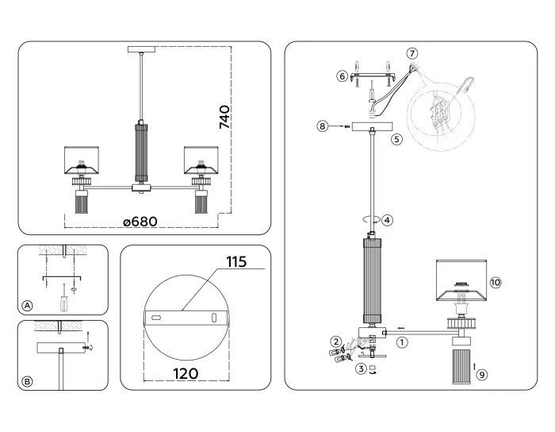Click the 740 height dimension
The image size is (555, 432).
click(224, 117)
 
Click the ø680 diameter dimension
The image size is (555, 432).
click(145, 222)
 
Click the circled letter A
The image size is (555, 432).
click(28, 306)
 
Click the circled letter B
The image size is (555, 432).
click(28, 381)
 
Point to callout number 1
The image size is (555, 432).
click(402, 343)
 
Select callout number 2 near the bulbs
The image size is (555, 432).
click(336, 341)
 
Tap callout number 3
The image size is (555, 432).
click(360, 368)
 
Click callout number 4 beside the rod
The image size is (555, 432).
click(386, 220)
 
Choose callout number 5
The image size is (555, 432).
click(397, 137)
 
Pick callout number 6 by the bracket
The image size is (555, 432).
click(343, 76)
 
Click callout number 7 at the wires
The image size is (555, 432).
click(411, 52)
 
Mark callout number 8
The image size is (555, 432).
click(322, 125)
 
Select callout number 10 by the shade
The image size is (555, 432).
click(496, 282)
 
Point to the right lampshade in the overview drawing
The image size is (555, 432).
click(201, 160)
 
